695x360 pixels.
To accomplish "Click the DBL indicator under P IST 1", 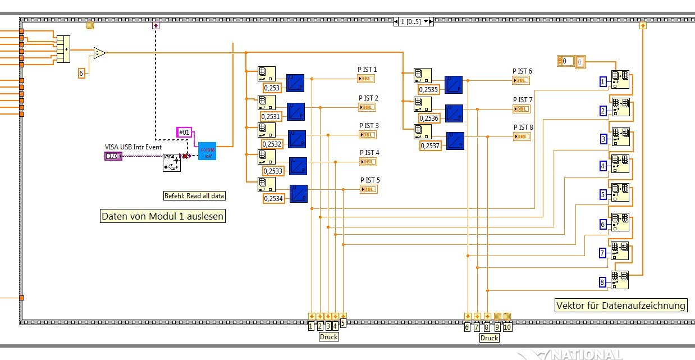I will click(x=366, y=79).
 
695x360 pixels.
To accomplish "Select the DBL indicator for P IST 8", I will click(x=522, y=136).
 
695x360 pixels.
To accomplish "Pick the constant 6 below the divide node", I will click(x=81, y=72).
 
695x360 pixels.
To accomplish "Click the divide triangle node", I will click(x=99, y=53).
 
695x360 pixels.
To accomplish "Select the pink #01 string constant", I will click(x=184, y=132).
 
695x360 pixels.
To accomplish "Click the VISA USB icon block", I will click(x=172, y=162).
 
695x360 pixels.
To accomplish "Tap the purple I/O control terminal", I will click(x=113, y=156).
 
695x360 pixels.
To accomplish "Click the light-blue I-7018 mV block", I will click(x=207, y=151).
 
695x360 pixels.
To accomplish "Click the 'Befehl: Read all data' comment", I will click(x=194, y=195).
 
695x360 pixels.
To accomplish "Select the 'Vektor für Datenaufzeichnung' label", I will click(x=620, y=306).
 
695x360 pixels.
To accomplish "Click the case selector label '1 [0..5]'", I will click(x=413, y=21).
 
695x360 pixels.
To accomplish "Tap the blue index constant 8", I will click(x=602, y=282).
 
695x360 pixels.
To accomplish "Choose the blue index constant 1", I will click(x=603, y=82).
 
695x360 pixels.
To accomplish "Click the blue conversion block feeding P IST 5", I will click(x=299, y=193).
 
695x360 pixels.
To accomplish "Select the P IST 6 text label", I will click(x=522, y=71).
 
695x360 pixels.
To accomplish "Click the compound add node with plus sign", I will click(x=63, y=49).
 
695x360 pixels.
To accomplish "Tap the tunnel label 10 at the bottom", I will click(x=507, y=327).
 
